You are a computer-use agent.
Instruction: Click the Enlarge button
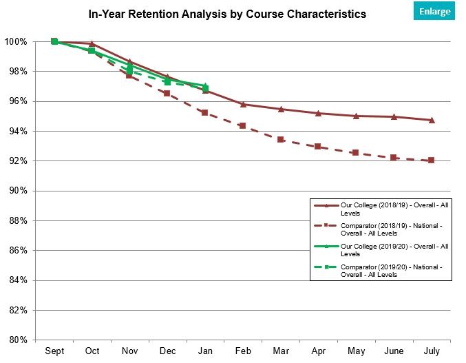tap(434, 11)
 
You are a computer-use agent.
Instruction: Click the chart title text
tap(227, 14)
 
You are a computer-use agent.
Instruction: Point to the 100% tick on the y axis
tap(18, 42)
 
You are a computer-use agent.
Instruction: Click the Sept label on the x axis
tap(54, 351)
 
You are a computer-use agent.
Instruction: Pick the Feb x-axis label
tap(243, 351)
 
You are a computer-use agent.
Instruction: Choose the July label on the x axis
tap(432, 351)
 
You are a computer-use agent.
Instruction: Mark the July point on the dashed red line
tap(432, 160)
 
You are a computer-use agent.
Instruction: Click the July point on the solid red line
tap(432, 120)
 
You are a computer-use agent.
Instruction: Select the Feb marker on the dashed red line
tap(243, 125)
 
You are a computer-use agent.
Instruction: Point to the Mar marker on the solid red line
tap(281, 109)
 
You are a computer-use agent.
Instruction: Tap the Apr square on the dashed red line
tap(318, 147)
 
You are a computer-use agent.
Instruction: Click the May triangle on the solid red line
tap(356, 116)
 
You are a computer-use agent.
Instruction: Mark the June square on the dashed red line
tap(394, 158)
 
